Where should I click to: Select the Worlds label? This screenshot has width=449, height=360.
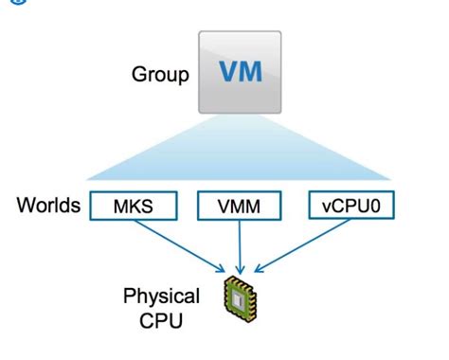click(47, 206)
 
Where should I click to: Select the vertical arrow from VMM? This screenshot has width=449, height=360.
click(242, 244)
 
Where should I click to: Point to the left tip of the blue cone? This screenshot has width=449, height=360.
click(87, 181)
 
